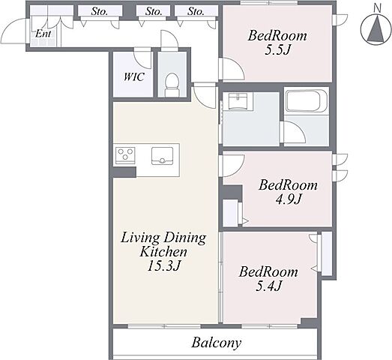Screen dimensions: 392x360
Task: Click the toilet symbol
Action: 172,84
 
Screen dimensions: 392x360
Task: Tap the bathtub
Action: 307,100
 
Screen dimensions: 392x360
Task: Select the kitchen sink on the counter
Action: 162,156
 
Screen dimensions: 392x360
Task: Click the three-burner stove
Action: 125,155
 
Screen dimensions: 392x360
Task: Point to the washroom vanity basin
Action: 238,101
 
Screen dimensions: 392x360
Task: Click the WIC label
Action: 134,76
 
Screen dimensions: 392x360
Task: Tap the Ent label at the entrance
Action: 43,34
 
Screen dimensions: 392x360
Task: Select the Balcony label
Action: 217,343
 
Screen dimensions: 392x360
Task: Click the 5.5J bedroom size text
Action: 277,50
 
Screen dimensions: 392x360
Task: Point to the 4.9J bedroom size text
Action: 289,199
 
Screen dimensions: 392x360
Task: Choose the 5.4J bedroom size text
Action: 269,286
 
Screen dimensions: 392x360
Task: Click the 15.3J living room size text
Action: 163,265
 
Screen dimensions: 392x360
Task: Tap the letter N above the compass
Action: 377,8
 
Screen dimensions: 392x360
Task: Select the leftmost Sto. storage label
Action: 100,11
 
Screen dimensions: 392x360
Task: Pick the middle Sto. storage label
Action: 154,11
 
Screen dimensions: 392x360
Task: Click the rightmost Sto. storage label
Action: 196,11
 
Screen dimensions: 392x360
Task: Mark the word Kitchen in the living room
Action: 163,252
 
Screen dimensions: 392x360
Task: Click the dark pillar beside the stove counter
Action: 124,172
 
